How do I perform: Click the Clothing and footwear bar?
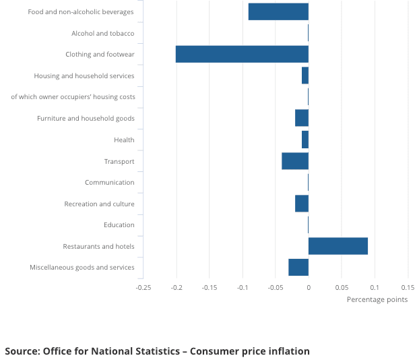pos(242,54)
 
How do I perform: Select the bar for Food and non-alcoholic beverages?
pos(278,11)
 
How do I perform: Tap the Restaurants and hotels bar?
pos(338,246)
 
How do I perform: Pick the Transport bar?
pos(295,161)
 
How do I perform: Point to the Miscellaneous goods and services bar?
pos(298,267)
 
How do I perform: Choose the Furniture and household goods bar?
pos(302,118)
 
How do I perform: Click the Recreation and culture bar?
pos(302,204)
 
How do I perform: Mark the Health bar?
pos(305,140)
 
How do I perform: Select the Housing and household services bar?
pos(305,76)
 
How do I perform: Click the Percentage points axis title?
pos(377,299)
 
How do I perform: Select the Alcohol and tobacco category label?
pos(102,33)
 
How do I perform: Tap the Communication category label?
pos(109,182)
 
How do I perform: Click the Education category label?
pos(119,224)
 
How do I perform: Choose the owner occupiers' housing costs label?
pos(73,97)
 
